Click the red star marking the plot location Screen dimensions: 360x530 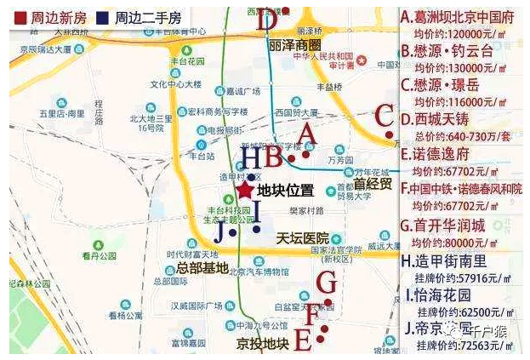pos(245,190)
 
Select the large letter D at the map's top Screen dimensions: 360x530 pos(268,20)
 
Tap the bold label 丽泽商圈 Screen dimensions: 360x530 pos(293,43)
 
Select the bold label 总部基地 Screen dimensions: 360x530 pos(202,268)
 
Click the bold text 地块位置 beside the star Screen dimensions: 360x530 pos(286,191)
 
